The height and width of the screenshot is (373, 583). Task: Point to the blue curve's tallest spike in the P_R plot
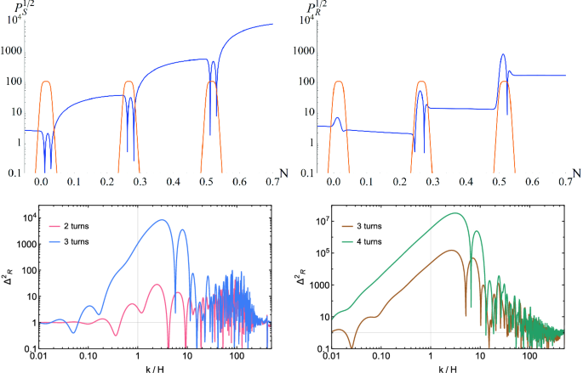click(x=503, y=54)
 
